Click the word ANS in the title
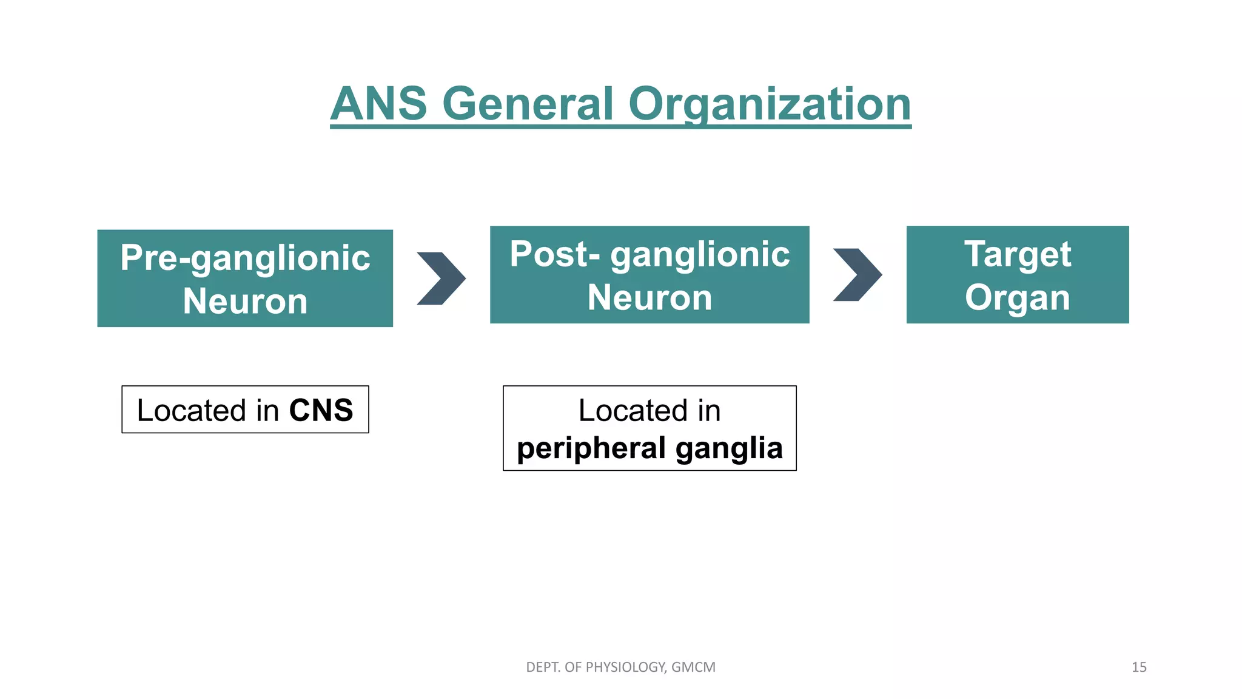click(379, 104)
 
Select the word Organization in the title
click(769, 104)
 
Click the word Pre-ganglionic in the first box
click(245, 257)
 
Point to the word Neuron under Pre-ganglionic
click(245, 301)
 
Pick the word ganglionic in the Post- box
click(700, 255)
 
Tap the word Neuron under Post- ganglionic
click(650, 297)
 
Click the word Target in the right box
click(1017, 254)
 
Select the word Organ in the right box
click(1017, 297)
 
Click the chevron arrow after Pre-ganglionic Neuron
click(441, 279)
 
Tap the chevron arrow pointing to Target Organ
click(858, 275)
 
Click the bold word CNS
click(321, 410)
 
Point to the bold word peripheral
click(591, 448)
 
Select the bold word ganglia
click(729, 448)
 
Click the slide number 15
click(1138, 667)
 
